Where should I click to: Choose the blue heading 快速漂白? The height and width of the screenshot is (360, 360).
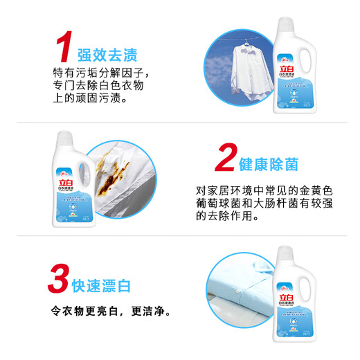(x=102, y=285)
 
